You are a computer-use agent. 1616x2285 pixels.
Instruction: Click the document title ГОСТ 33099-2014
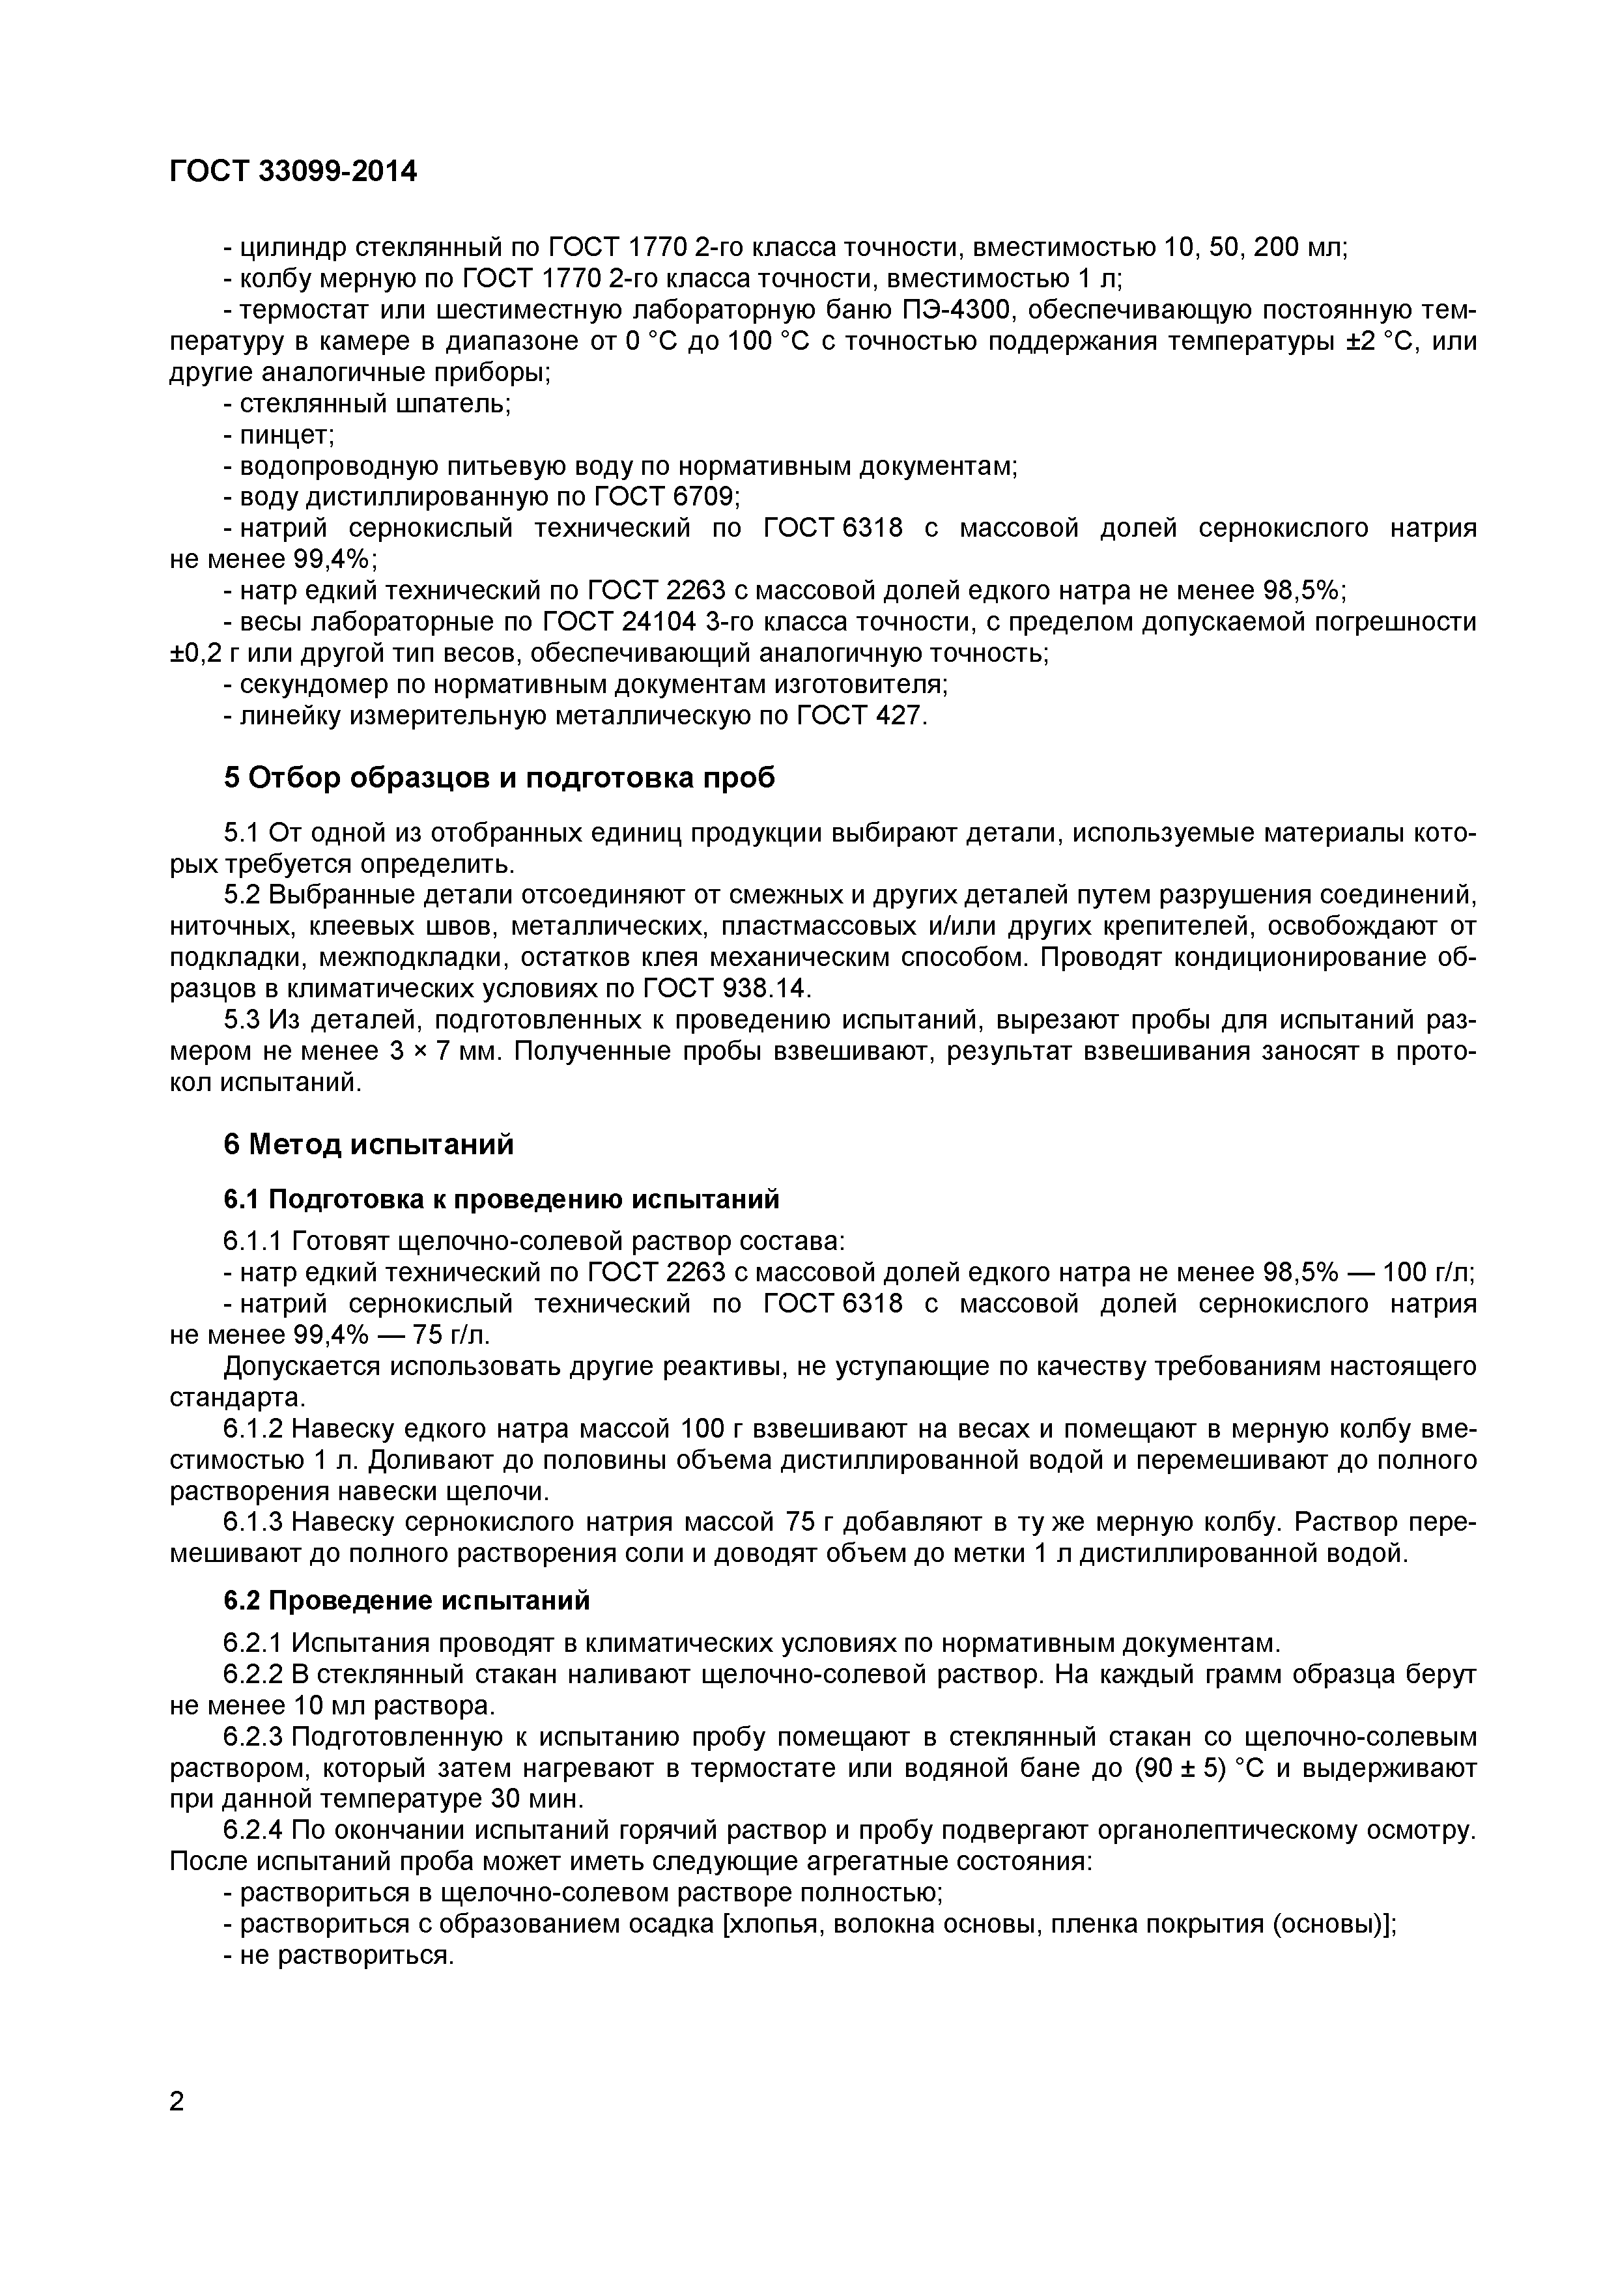[294, 172]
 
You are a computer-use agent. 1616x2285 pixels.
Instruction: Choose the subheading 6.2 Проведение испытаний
[406, 1600]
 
